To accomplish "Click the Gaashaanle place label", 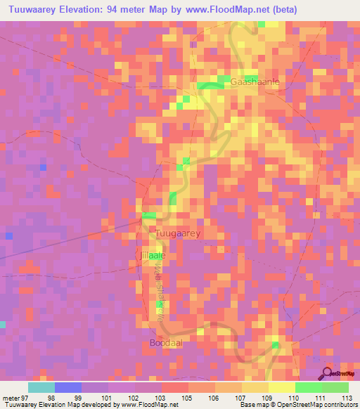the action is [x=255, y=82].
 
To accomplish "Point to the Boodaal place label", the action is [x=166, y=343].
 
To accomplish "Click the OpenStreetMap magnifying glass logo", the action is [x=328, y=373].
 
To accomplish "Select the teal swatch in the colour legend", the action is [x=41, y=387].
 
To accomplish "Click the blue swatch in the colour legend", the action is [x=68, y=387].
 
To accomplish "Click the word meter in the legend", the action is [x=10, y=398].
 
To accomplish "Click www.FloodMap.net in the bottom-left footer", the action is [x=150, y=405].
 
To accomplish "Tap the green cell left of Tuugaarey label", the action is [x=148, y=215].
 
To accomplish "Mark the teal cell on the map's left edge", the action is [x=2, y=324].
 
